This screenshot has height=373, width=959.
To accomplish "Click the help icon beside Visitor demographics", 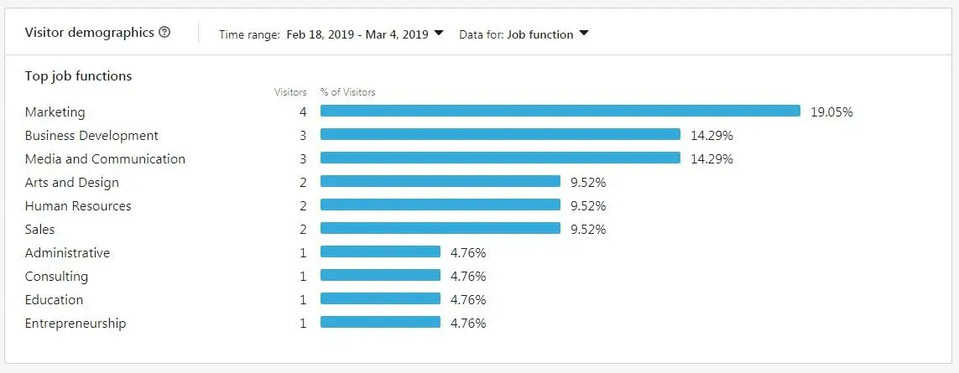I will coord(164,33).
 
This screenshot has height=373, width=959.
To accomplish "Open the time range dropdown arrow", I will coord(438,34).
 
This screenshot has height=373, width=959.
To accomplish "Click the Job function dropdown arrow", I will coord(584,34).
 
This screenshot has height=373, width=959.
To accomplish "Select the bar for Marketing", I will coord(560,111).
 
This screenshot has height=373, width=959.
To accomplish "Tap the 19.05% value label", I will coord(831,112).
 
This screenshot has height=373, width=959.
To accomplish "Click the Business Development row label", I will coord(91,136).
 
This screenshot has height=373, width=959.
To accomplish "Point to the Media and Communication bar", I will coord(500,158).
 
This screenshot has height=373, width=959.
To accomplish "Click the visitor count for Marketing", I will coord(302,112).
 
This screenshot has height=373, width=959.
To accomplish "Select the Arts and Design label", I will coord(72,183).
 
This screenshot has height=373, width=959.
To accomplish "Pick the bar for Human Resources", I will coord(440,205).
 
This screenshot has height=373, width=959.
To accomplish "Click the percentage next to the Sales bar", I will coord(588,230).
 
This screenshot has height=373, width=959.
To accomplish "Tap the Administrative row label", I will coord(67,253).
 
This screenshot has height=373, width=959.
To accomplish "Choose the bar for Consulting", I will coord(380,276).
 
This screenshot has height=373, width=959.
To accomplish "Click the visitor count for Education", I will coord(303,300).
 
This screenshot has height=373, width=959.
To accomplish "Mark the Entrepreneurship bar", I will coord(380,323).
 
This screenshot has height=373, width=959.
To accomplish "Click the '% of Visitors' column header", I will coord(347,92).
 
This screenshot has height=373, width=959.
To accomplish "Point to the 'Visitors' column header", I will coord(290,92).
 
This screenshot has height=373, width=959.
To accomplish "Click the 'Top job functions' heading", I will coord(78,76).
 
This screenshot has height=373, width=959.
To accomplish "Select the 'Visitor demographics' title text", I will coord(89,33).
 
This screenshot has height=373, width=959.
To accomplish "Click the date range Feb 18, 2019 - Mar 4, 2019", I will coord(357,34).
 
